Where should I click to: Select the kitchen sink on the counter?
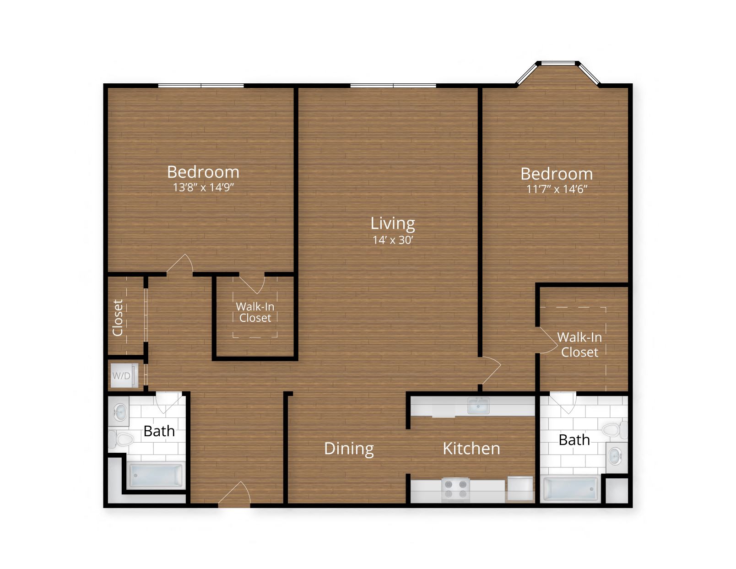point(478,406)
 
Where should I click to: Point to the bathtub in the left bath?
point(156,476)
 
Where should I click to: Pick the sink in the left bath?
point(120,412)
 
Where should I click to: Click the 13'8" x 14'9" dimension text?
point(203,187)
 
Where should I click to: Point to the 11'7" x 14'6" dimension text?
point(557,189)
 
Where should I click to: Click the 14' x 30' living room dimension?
point(393,240)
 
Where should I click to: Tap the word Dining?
point(349,449)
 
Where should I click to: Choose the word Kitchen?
point(471,449)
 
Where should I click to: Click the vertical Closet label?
point(118,318)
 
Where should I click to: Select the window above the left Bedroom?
point(201,86)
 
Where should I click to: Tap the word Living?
point(393,223)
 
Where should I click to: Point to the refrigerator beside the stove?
point(520,489)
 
